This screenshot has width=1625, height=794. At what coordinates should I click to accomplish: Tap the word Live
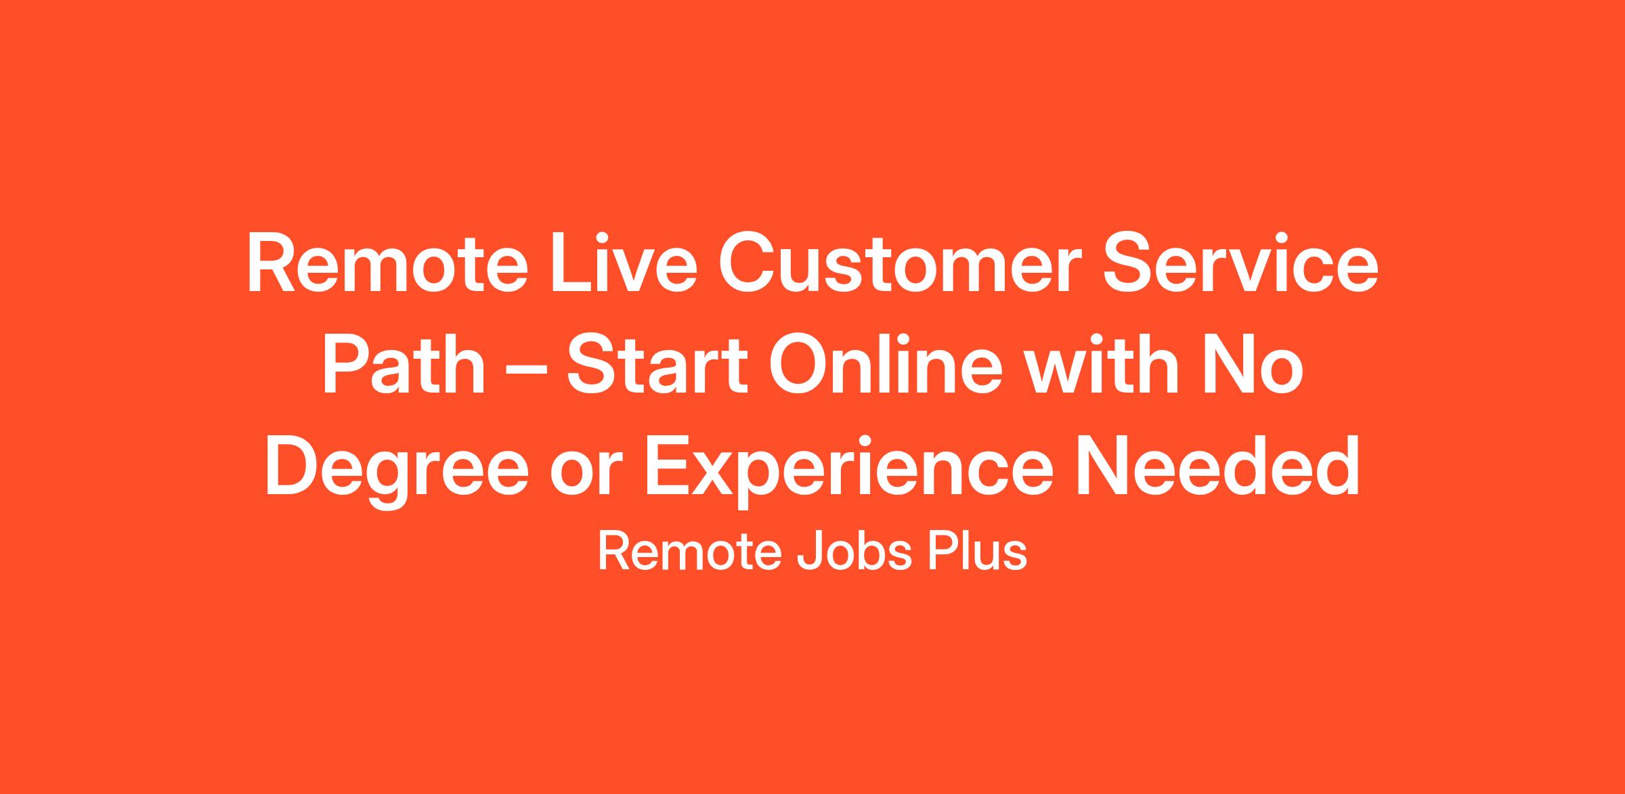click(x=624, y=263)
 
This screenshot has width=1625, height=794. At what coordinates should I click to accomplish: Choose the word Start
click(x=657, y=363)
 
